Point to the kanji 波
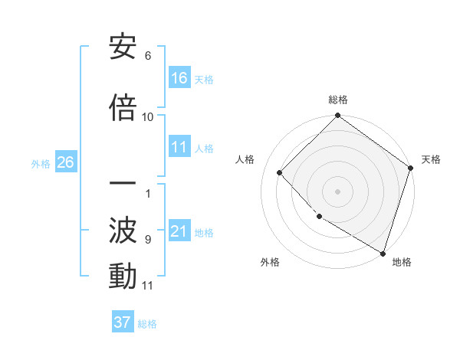pyautogui.click(x=123, y=229)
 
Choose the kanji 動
pyautogui.click(x=123, y=276)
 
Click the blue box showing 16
pyautogui.click(x=179, y=78)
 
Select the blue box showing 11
pyautogui.click(x=179, y=147)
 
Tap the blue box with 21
pyautogui.click(x=179, y=231)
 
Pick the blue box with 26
pyautogui.click(x=65, y=162)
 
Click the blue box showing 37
pyautogui.click(x=123, y=322)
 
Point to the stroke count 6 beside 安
pyautogui.click(x=148, y=55)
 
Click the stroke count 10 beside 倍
pyautogui.click(x=148, y=116)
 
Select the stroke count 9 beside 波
pyautogui.click(x=148, y=239)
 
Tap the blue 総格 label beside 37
pyautogui.click(x=147, y=324)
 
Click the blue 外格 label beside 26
pyautogui.click(x=41, y=163)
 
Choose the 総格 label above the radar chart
pyautogui.click(x=337, y=100)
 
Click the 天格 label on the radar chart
pyautogui.click(x=431, y=159)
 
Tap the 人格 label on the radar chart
pyautogui.click(x=245, y=159)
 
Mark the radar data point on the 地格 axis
pyautogui.click(x=382, y=252)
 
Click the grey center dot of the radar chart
pyautogui.click(x=337, y=191)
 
